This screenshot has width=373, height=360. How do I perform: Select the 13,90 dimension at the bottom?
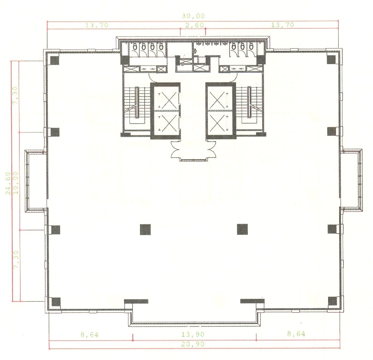[193, 335]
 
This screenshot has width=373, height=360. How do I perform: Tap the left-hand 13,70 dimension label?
[97, 25]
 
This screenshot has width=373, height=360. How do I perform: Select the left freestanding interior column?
[145, 229]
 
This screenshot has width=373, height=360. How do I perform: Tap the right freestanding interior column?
[242, 229]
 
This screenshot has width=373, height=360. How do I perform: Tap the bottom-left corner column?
[55, 302]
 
